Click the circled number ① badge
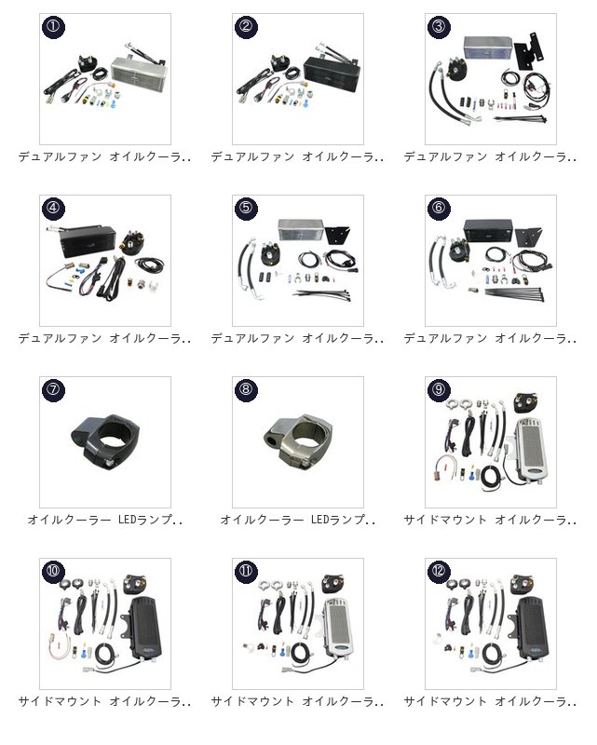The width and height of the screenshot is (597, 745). pos(53,26)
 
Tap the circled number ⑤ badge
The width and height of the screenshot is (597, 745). pos(246,207)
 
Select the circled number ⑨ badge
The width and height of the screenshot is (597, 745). pos(439,389)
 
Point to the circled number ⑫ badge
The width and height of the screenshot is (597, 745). pos(439,571)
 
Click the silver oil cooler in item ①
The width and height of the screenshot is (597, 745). pos(139,72)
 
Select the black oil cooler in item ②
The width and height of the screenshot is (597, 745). pos(332,73)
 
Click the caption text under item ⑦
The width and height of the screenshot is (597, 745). pos(105,520)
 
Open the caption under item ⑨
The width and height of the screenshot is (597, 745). pos(490,520)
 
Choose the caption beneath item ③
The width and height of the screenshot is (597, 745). pos(490,156)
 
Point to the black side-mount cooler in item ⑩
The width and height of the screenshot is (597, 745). pos(145,627)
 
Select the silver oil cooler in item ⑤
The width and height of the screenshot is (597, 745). pos(301,230)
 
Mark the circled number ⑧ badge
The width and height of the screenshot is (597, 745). pos(246,389)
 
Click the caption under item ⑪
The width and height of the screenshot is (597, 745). pos(297,701)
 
